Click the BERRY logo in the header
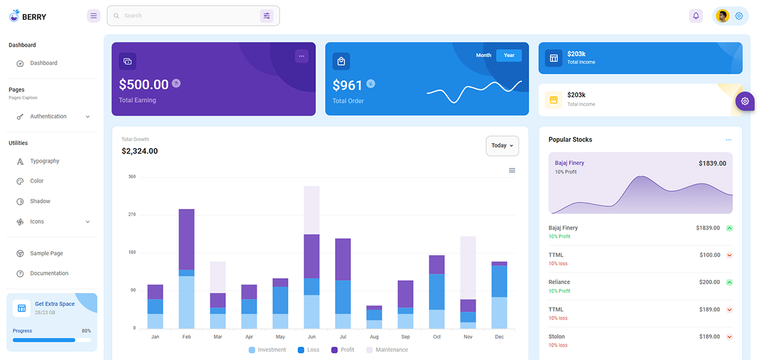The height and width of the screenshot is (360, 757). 28,16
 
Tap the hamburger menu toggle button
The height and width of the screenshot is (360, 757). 94,16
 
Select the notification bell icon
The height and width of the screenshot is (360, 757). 696,16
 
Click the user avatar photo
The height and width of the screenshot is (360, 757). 723,16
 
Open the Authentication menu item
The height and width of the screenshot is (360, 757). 48,117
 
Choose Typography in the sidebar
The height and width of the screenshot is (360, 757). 44,161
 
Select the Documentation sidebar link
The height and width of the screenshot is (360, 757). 49,274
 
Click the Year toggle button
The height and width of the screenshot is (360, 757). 508,55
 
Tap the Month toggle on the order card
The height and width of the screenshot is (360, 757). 483,55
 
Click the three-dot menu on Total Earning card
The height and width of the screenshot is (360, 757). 302,56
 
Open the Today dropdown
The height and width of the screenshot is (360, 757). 502,146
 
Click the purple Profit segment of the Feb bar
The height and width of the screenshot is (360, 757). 187,239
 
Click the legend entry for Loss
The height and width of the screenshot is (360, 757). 308,350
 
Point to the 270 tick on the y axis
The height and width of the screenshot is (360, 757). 132,215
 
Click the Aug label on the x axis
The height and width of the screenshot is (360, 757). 374,337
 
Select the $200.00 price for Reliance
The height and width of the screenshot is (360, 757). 709,282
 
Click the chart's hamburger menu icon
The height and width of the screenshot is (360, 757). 512,170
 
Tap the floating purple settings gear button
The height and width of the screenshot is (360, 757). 745,101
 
